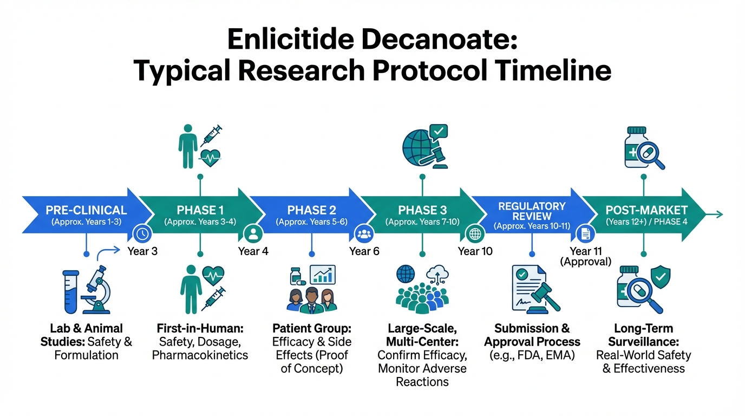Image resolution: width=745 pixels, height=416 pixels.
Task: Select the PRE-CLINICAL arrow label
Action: tap(86, 210)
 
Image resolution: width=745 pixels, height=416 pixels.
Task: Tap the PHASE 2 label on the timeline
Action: tap(312, 210)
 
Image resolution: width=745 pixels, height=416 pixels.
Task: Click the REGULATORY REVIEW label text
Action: tap(532, 211)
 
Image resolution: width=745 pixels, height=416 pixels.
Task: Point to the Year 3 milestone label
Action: tap(142, 251)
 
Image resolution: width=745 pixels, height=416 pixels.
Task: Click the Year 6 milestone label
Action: tap(364, 251)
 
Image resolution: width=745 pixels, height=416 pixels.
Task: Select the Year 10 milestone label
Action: tap(475, 251)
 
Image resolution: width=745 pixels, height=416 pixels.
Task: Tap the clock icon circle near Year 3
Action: tap(142, 234)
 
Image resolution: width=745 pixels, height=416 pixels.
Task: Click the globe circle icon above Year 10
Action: tap(475, 234)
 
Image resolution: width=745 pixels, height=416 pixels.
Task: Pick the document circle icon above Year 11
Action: tap(585, 234)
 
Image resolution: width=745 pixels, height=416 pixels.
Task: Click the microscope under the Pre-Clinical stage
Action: tap(97, 290)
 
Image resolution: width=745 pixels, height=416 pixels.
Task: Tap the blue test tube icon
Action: tap(71, 292)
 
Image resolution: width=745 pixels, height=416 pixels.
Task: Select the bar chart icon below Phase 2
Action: tap(323, 275)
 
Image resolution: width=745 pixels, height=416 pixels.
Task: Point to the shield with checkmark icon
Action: tap(661, 277)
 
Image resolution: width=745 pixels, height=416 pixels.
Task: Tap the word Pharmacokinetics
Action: tap(200, 355)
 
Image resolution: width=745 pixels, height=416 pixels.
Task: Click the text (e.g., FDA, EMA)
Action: tap(532, 355)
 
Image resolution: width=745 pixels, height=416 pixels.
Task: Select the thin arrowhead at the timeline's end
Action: tap(719, 214)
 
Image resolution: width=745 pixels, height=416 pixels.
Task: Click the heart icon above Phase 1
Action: tap(211, 158)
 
